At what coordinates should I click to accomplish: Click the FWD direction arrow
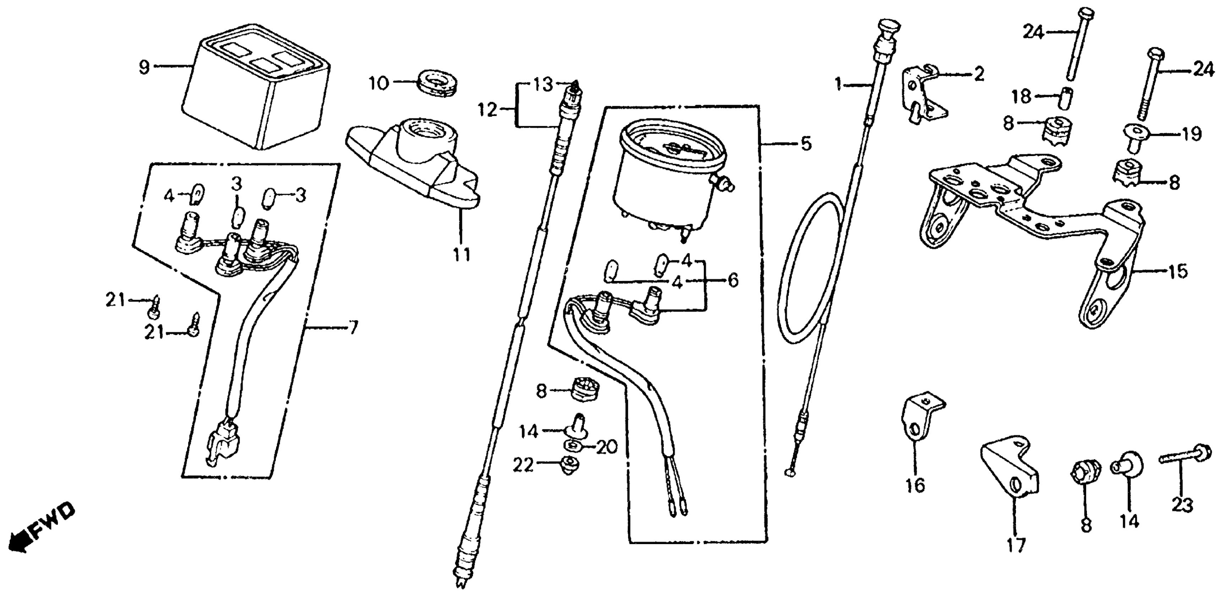(x=43, y=527)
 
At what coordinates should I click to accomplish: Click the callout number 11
(x=461, y=255)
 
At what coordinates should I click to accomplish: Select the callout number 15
(x=1177, y=272)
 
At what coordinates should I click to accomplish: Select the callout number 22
(x=524, y=466)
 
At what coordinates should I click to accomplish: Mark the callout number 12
(x=487, y=111)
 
